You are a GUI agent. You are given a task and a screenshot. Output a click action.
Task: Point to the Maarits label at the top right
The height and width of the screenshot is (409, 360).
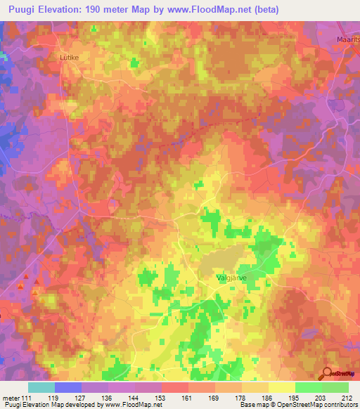347,40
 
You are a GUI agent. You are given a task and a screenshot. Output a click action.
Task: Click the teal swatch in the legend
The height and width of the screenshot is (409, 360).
41,387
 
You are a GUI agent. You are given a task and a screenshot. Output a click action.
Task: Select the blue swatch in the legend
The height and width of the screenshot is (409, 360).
68,387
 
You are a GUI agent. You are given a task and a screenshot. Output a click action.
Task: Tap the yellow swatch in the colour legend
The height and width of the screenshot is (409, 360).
282,387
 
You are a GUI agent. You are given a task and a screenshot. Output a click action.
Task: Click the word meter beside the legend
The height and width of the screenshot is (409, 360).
9,397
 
